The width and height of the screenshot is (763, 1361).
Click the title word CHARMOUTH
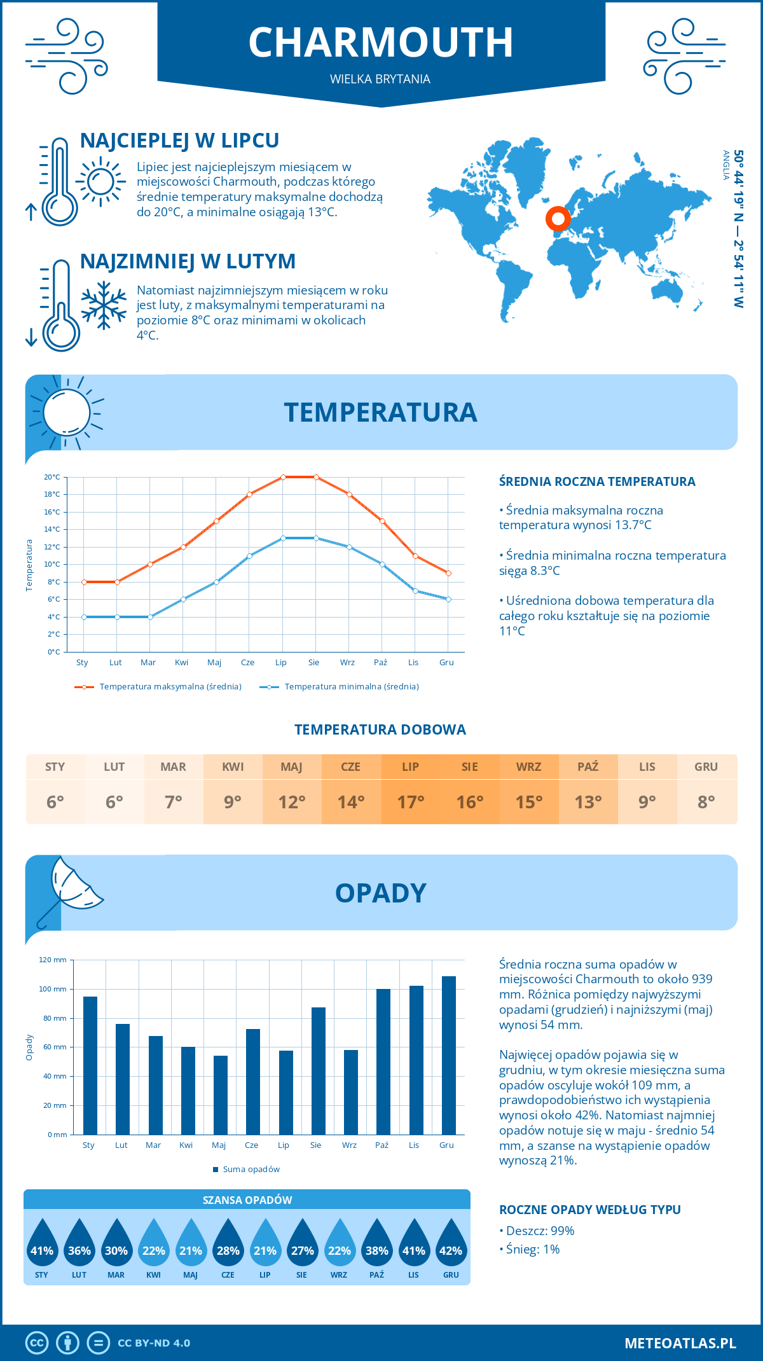pos(380,43)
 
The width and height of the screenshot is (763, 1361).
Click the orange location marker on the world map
pos(558,219)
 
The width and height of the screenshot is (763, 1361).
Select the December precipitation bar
pos(449,1055)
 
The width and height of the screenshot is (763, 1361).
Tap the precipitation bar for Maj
pos(221,1095)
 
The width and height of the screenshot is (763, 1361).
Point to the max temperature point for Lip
pos(283,477)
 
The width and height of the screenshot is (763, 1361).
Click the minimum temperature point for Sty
pos(84,617)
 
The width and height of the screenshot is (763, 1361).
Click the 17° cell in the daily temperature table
pos(410,802)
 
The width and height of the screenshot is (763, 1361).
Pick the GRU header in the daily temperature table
pos(706,767)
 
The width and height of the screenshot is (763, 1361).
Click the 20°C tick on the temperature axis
pos(52,477)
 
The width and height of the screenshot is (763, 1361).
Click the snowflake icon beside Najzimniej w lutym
pos(104,305)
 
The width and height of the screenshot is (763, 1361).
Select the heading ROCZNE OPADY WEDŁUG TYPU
pos(589,1210)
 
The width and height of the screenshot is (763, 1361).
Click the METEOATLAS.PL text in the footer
pos(680,1343)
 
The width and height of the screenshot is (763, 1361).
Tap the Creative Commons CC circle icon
pos(37,1343)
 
